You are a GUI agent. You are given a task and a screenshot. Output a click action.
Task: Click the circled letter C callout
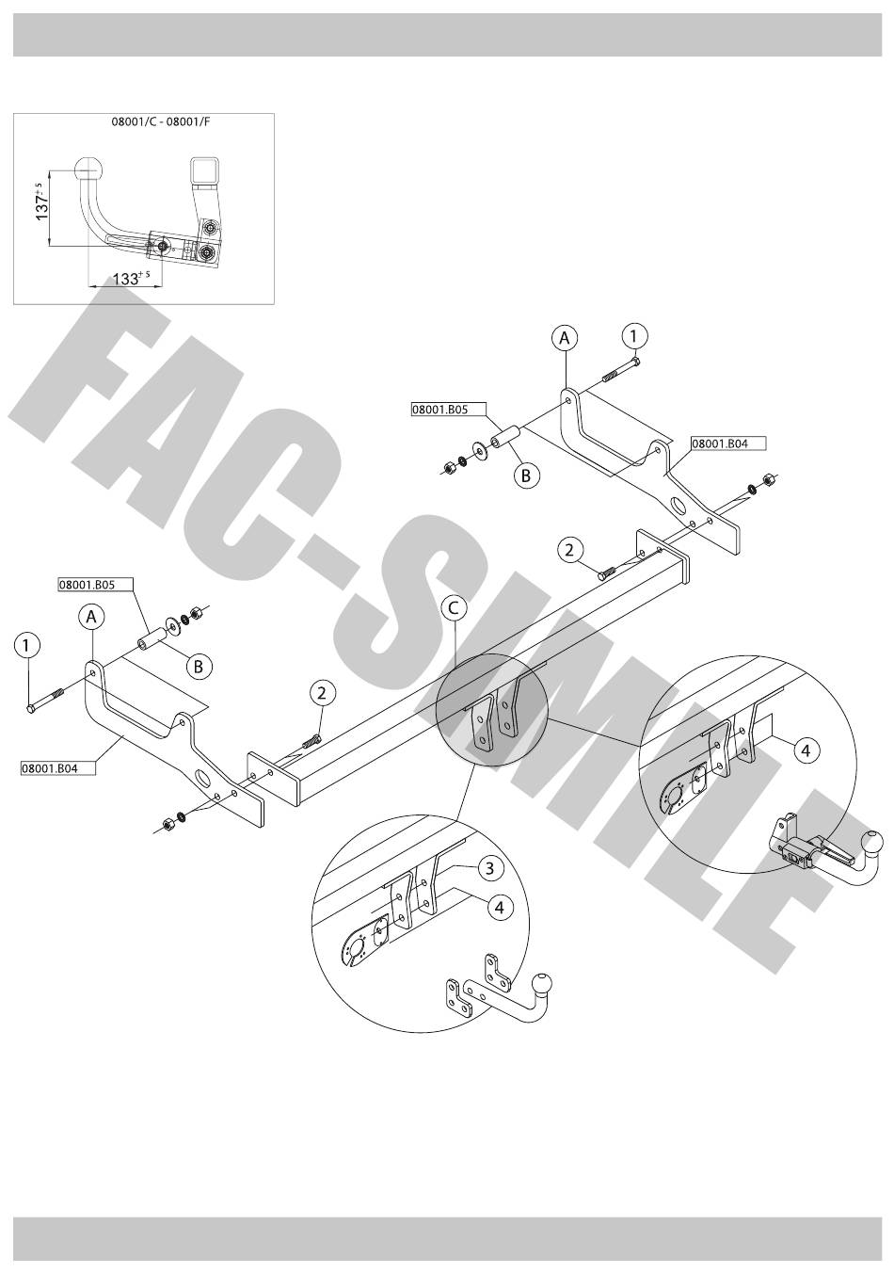click(453, 608)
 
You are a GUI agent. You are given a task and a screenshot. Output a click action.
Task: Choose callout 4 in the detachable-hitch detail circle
click(805, 750)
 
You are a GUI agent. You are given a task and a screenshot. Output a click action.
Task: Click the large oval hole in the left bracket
click(202, 779)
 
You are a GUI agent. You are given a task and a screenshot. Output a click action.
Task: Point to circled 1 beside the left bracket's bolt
click(27, 645)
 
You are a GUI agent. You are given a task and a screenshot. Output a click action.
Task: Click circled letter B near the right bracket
click(525, 476)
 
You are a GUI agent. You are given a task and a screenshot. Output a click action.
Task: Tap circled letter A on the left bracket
click(90, 617)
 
